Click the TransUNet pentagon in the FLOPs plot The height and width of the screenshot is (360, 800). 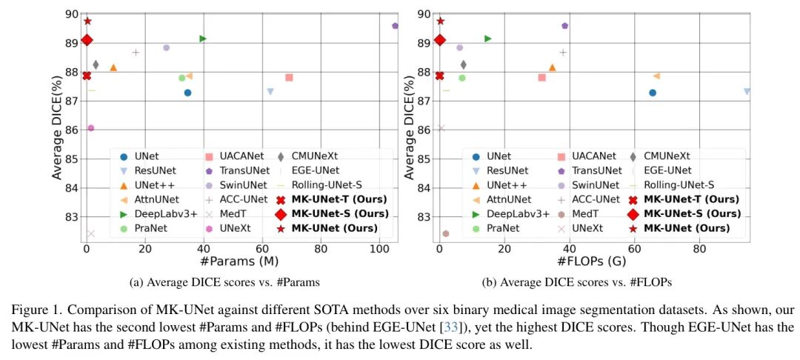564,26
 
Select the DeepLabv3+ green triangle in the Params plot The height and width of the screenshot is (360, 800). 203,39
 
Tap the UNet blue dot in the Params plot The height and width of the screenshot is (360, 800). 187,93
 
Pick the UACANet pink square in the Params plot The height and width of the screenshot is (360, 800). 289,77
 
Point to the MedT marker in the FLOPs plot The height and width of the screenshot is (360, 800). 446,233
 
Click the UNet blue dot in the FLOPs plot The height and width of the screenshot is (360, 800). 653,93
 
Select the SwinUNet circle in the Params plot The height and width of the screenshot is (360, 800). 166,47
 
